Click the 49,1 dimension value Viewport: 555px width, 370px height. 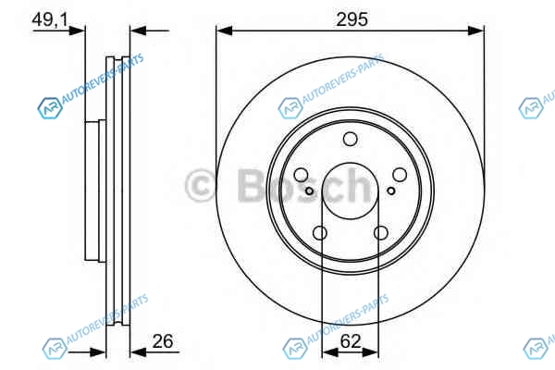tap(50, 19)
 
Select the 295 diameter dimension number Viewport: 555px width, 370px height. tap(351, 19)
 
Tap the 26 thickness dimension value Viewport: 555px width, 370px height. tap(163, 341)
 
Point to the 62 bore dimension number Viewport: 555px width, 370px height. tap(350, 341)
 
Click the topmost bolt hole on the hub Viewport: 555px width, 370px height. tap(350, 139)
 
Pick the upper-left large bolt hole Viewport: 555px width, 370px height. tap(302, 175)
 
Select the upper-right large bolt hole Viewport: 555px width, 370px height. tap(400, 175)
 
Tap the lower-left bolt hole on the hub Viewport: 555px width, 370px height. tap(320, 233)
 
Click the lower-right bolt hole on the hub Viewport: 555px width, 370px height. tap(381, 233)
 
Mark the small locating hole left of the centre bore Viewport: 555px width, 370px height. tap(309, 191)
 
